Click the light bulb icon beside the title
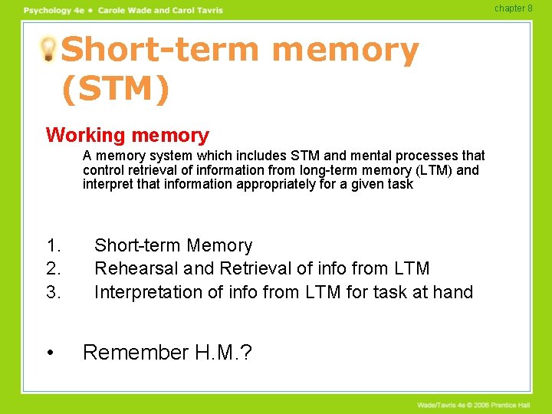[48, 50]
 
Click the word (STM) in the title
[115, 89]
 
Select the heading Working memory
[127, 136]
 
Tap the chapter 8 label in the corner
[513, 8]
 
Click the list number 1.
[53, 246]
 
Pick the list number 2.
[53, 269]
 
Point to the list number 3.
[53, 292]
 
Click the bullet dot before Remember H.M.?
[51, 353]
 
